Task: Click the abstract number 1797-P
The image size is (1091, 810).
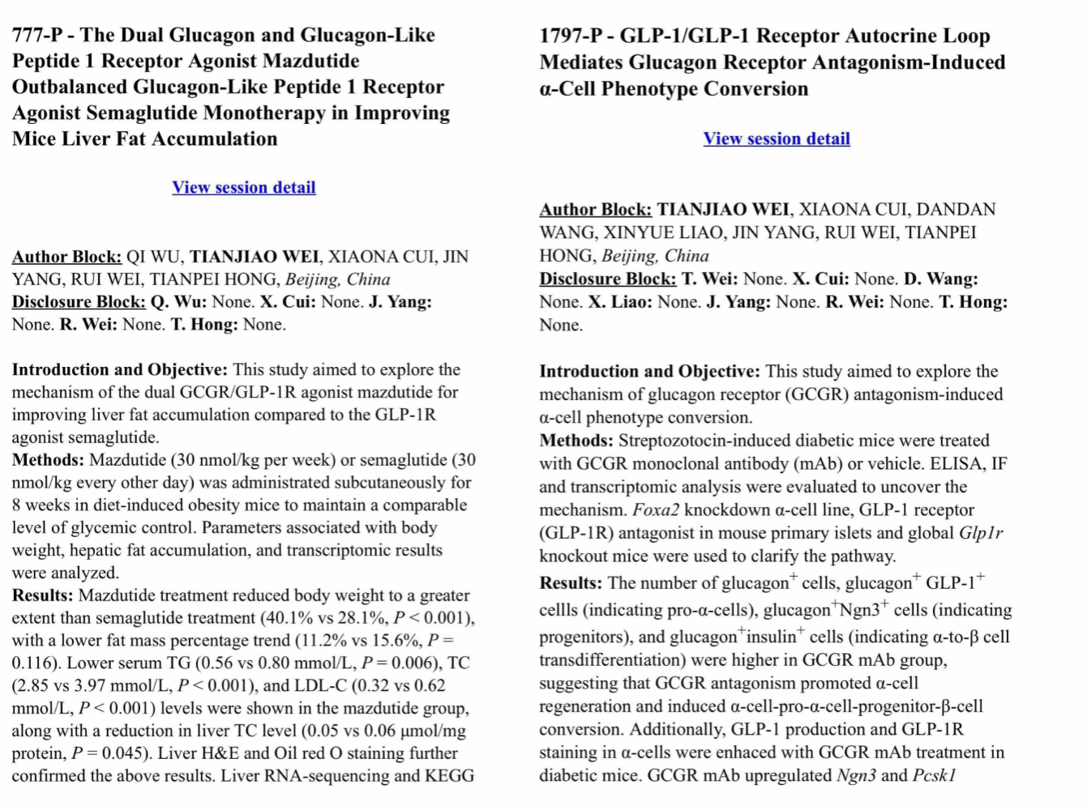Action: pyautogui.click(x=572, y=36)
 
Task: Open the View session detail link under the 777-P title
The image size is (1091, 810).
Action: pyautogui.click(x=243, y=187)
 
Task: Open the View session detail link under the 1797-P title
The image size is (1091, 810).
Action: pyautogui.click(x=776, y=139)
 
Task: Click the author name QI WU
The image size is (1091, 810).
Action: pyautogui.click(x=155, y=257)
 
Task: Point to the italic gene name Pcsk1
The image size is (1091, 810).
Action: pyautogui.click(x=934, y=775)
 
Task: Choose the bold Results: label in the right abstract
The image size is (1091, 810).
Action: pyautogui.click(x=571, y=583)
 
